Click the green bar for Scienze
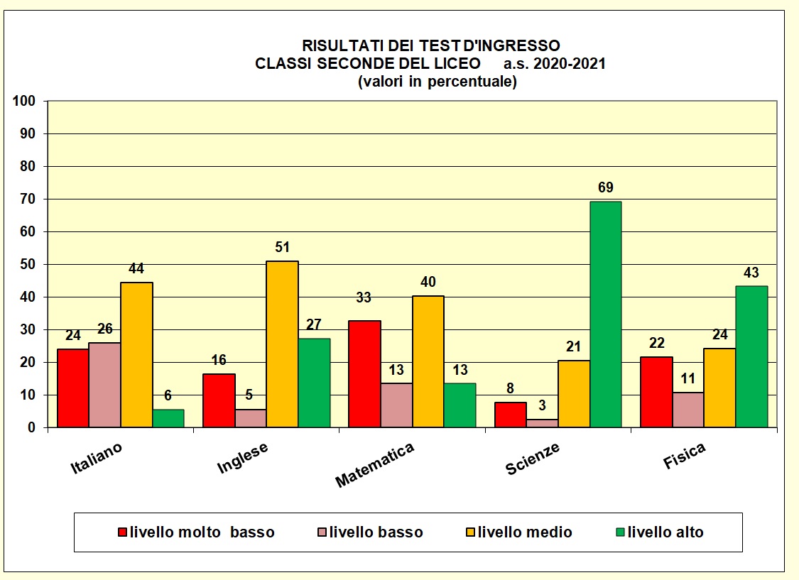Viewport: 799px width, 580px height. pyautogui.click(x=605, y=314)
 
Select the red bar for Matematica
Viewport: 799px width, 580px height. pyautogui.click(x=364, y=374)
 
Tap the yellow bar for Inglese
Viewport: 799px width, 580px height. pyautogui.click(x=282, y=344)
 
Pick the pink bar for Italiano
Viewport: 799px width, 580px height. pyautogui.click(x=104, y=385)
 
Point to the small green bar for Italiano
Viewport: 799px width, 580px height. pyautogui.click(x=168, y=418)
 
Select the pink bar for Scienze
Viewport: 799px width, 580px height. pyautogui.click(x=542, y=423)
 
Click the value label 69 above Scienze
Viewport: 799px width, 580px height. pyautogui.click(x=606, y=188)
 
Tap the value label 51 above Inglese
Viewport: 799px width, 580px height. pyautogui.click(x=282, y=248)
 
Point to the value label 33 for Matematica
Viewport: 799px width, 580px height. pyautogui.click(x=364, y=298)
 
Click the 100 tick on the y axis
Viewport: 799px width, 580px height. pyautogui.click(x=24, y=102)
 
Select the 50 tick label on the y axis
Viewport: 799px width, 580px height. pyautogui.click(x=28, y=265)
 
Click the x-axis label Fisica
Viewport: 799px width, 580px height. pyautogui.click(x=685, y=456)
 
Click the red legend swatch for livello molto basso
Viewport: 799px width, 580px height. pyautogui.click(x=122, y=532)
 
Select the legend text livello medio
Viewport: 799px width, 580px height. pyautogui.click(x=525, y=532)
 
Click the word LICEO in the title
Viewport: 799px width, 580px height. pyautogui.click(x=457, y=64)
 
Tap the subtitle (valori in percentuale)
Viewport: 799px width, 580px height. pyautogui.click(x=437, y=82)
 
